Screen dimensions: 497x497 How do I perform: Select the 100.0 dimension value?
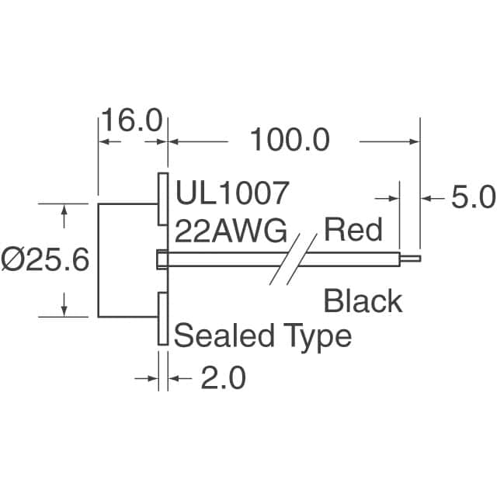[x=289, y=141]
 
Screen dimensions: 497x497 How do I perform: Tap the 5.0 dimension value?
[x=472, y=199]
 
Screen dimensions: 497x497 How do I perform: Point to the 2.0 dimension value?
[x=223, y=378]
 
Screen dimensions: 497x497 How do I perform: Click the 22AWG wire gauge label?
[x=231, y=231]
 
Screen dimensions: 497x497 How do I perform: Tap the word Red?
[x=353, y=230]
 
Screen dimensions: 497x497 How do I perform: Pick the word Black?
[x=363, y=301]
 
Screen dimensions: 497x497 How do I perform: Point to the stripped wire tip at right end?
[x=412, y=259]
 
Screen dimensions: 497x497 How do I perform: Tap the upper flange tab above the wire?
[x=163, y=198]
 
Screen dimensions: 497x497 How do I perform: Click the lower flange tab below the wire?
[x=163, y=319]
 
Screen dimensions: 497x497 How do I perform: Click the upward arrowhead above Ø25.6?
[x=64, y=209]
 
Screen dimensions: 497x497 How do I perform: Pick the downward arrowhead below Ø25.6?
[x=64, y=311]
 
